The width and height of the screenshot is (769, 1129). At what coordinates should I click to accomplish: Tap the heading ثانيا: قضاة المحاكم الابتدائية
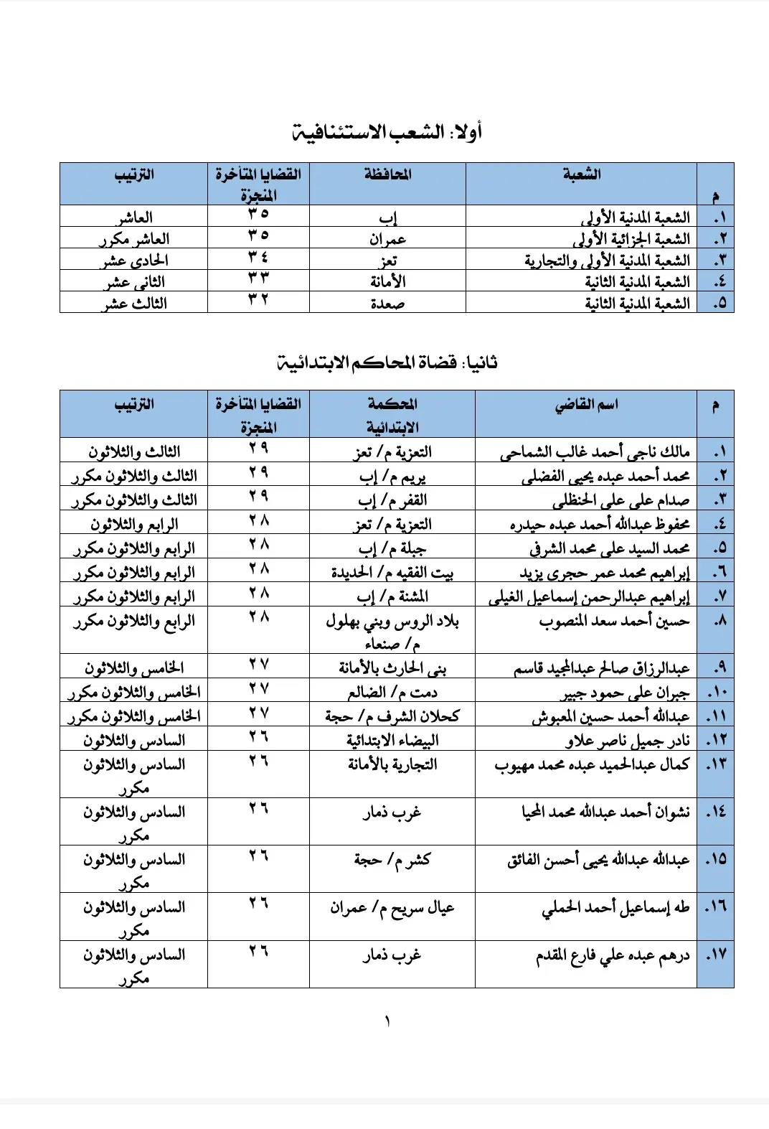[387, 362]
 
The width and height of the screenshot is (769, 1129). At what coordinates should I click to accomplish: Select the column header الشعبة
[582, 174]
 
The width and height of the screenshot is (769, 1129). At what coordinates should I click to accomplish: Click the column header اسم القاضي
[586, 405]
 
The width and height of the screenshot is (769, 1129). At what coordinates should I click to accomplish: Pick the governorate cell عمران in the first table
[388, 239]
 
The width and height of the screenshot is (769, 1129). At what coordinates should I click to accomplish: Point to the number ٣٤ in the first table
[258, 258]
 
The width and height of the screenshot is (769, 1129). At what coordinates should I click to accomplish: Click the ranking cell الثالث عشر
[135, 303]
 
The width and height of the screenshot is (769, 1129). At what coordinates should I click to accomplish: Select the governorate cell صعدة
[388, 304]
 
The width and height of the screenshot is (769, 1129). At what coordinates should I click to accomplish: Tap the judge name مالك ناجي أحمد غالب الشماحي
[595, 452]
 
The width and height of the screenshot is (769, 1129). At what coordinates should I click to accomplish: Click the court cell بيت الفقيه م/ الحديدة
[392, 573]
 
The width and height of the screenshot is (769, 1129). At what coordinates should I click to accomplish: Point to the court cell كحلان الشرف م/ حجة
[392, 716]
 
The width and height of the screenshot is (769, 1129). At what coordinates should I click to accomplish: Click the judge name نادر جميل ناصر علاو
[627, 741]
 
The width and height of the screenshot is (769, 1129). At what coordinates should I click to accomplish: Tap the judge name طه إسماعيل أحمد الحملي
[615, 908]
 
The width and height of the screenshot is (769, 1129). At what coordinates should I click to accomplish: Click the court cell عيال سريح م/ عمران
[392, 908]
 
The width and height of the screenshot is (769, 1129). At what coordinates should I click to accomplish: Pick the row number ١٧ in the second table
[716, 955]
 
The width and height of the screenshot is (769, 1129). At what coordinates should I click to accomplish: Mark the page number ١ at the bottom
[387, 1021]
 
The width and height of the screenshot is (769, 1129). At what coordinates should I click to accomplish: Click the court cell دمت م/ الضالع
[392, 693]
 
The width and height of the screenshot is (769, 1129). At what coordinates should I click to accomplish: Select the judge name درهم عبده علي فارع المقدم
[613, 956]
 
